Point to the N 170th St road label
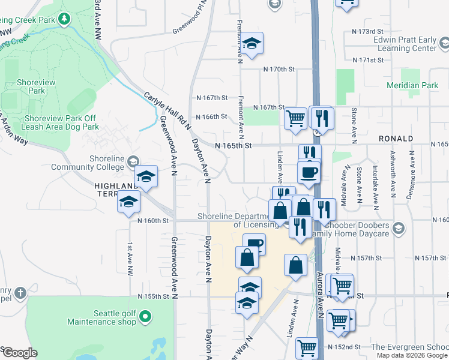(280, 70)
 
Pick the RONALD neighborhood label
(396, 139)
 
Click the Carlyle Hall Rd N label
(167, 110)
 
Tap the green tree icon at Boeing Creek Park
(63, 20)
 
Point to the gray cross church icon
(20, 293)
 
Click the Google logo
(19, 353)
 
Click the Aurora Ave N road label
(320, 294)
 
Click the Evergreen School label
(409, 347)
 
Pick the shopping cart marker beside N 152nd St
(307, 347)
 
